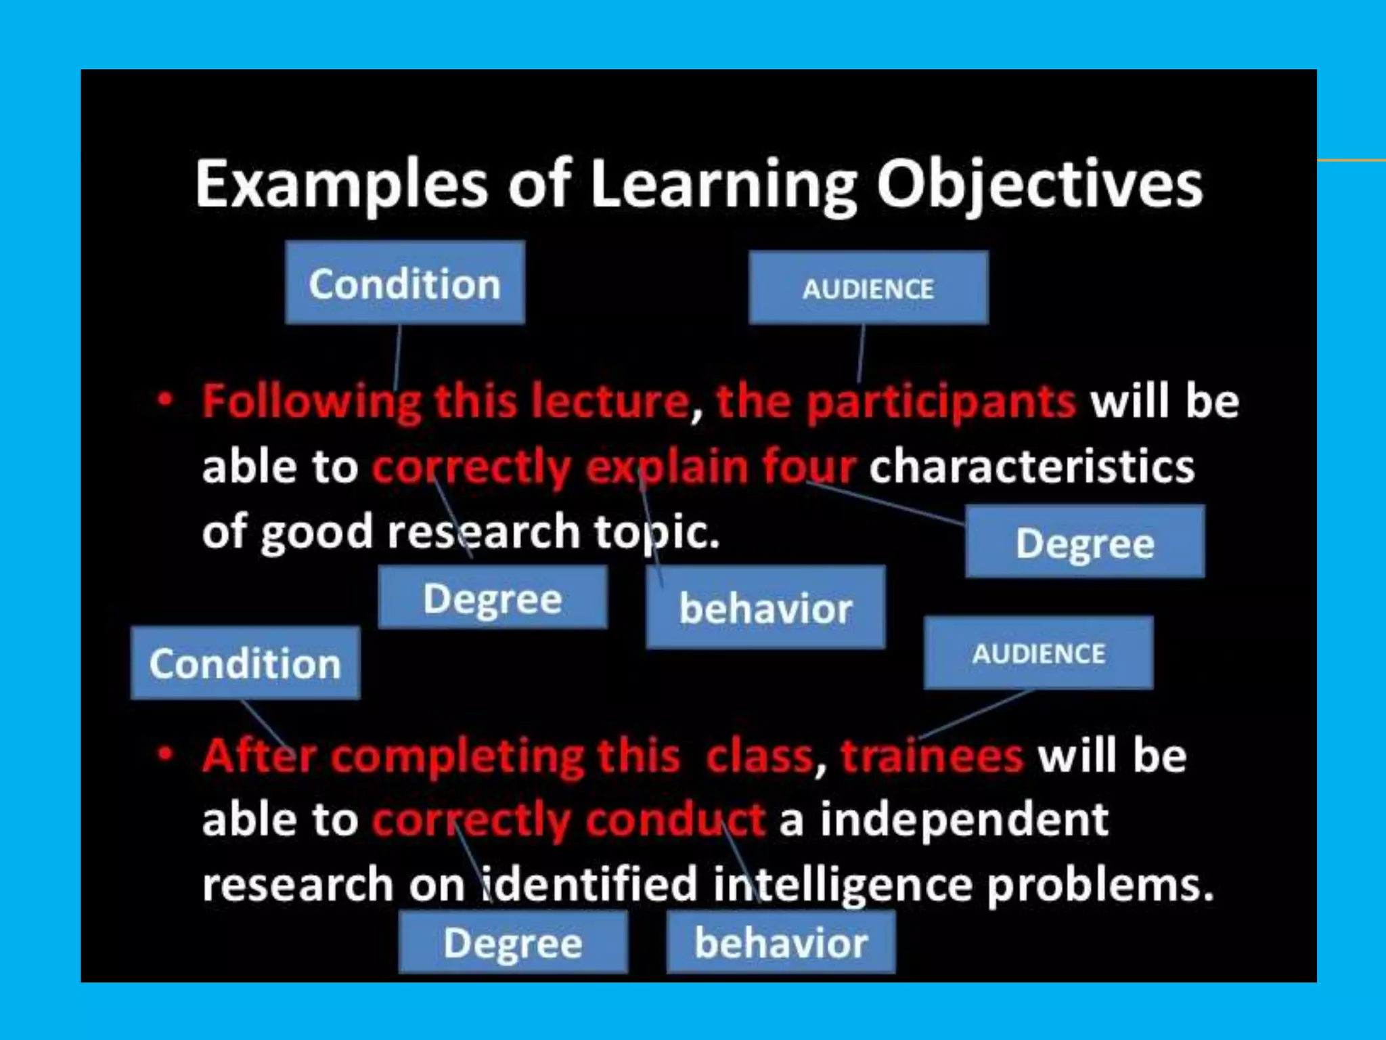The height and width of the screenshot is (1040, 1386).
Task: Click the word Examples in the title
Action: point(342,185)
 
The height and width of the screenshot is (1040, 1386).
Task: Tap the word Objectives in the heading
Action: point(1039,185)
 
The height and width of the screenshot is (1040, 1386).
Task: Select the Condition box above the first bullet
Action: point(405,283)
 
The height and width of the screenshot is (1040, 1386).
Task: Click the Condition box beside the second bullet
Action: point(245,663)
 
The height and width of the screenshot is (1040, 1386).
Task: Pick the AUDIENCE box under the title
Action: point(868,288)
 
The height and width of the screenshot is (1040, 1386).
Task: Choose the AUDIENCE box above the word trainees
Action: point(1038,653)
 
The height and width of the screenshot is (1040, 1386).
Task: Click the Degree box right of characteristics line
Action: point(1085,542)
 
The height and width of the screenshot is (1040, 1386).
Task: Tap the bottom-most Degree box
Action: point(513,942)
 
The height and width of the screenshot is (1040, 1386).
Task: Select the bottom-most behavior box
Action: point(781,942)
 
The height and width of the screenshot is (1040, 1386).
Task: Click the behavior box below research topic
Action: point(765,608)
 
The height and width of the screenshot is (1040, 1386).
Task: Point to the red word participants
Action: point(941,402)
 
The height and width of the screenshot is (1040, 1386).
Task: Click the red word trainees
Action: point(932,756)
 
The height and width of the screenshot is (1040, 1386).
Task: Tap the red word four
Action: point(809,467)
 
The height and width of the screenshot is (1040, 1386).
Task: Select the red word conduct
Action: point(675,820)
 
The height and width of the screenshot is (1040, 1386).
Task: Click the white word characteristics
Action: point(1031,467)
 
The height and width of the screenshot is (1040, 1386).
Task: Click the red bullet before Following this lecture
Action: point(164,399)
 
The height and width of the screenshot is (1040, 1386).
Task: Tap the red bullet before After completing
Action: point(164,754)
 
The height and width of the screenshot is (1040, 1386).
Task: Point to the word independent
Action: point(964,820)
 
